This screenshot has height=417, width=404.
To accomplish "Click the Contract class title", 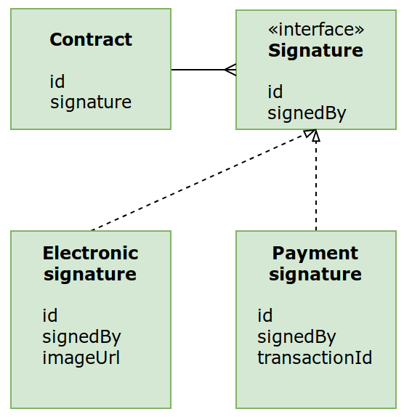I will click(x=91, y=39).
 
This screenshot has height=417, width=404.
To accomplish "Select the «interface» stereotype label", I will click(x=315, y=29).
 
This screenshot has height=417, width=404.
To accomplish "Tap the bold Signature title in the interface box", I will click(x=315, y=50).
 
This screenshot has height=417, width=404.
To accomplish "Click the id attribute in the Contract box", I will click(x=57, y=81).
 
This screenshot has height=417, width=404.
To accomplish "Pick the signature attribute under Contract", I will click(x=91, y=102).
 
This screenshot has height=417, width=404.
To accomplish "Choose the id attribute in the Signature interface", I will click(x=275, y=92).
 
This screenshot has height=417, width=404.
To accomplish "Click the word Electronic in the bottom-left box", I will click(x=90, y=253).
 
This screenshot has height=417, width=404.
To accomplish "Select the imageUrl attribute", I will click(x=81, y=358).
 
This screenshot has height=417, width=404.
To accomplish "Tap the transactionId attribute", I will click(x=315, y=358).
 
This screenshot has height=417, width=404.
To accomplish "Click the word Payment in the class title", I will click(x=315, y=253).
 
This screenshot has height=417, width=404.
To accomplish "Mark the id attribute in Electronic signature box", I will click(x=50, y=315).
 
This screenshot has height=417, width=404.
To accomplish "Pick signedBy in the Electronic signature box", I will click(x=81, y=337).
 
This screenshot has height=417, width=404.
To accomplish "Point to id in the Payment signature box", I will click(x=265, y=315).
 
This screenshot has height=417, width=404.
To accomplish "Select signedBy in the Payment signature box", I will click(x=296, y=337).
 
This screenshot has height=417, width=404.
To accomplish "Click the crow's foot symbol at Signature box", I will click(x=230, y=70).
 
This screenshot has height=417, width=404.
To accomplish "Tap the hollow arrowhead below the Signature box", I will click(x=314, y=134).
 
